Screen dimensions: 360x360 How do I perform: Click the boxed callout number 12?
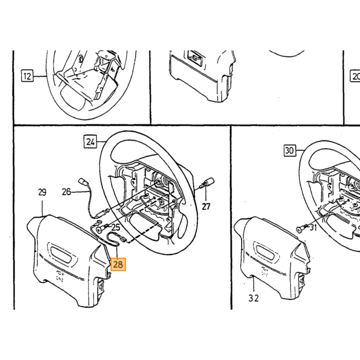27,76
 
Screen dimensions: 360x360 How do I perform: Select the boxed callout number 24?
90,142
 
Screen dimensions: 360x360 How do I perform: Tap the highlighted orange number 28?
118,264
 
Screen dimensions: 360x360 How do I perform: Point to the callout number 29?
42,192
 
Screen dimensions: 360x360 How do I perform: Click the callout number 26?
66,192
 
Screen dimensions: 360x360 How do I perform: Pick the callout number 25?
116,227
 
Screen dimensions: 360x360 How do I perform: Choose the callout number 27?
206,206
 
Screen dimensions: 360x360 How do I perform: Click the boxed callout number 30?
290,151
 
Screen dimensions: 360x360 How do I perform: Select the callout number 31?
313,227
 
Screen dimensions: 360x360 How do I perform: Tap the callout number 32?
254,298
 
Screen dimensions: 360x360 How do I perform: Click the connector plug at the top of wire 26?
83,182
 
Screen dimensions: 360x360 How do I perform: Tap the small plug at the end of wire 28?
123,240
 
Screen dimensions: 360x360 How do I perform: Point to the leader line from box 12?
40,76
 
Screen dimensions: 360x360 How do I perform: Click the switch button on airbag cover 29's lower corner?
101,286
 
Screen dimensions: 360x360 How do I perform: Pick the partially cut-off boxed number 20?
355,76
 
